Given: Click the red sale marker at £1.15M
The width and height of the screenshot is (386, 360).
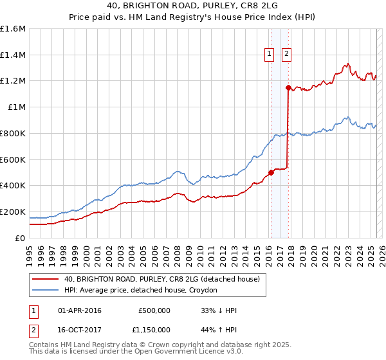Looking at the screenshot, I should tap(288, 87).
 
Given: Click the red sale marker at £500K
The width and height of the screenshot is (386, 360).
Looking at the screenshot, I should tap(271, 172).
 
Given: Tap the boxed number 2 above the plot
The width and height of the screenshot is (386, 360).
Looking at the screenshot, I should tap(286, 55).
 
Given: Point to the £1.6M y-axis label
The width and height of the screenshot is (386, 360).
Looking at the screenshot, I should tap(13, 29).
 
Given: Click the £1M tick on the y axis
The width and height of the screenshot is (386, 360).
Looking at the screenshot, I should tap(15, 107).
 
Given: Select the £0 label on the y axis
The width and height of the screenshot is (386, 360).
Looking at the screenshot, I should tap(21, 238).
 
